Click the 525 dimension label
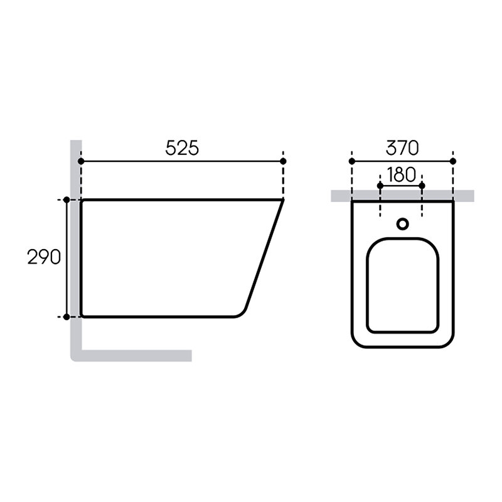tap(182, 148)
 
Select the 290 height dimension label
tap(44, 257)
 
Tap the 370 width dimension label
tap(402, 148)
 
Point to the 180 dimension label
tap(402, 174)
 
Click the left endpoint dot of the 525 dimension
tap(81, 161)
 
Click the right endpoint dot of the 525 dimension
tap(283, 161)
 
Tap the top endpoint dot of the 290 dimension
tap(67, 200)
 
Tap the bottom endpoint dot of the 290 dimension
tap(67, 317)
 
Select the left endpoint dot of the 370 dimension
tap(352, 161)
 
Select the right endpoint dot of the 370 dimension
tap(452, 161)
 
